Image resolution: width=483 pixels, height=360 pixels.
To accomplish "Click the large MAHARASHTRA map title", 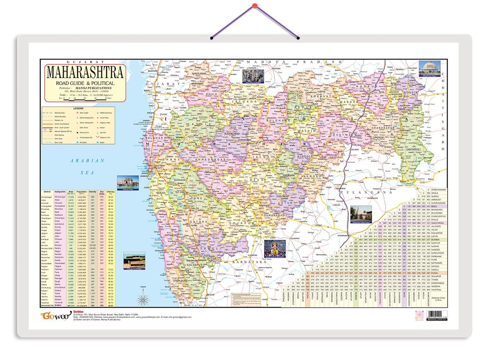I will [85, 72].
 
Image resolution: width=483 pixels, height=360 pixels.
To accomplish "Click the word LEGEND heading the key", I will [78, 108].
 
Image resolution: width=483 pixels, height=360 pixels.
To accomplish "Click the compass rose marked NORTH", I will [143, 298].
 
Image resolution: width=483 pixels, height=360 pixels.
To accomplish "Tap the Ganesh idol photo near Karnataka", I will [275, 248].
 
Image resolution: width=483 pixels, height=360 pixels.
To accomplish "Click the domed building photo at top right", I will [429, 68].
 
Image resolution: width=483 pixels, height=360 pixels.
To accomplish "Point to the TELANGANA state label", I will [361, 192].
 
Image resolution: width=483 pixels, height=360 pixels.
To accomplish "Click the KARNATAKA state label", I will [247, 261].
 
